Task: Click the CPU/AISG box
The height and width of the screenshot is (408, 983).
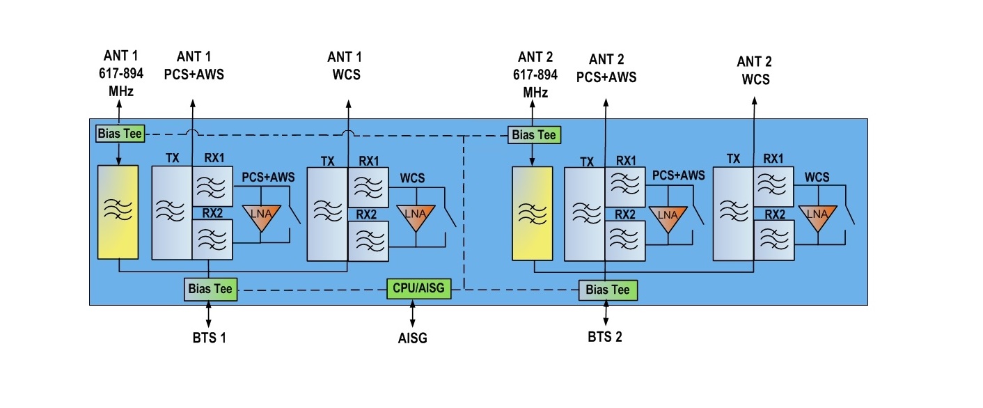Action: (419, 288)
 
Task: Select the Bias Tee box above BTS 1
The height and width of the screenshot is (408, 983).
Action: (211, 288)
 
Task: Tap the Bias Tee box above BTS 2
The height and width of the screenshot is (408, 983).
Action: (608, 290)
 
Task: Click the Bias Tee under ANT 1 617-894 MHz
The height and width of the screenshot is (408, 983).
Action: (120, 134)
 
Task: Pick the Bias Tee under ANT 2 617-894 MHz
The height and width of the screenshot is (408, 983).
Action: (535, 135)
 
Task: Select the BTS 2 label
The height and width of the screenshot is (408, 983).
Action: (604, 337)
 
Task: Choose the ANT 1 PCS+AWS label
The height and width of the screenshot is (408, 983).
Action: (194, 65)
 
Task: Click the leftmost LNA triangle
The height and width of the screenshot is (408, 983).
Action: (261, 214)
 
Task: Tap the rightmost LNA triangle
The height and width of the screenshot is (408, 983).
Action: (817, 217)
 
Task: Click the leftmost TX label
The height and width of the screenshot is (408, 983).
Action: (173, 159)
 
